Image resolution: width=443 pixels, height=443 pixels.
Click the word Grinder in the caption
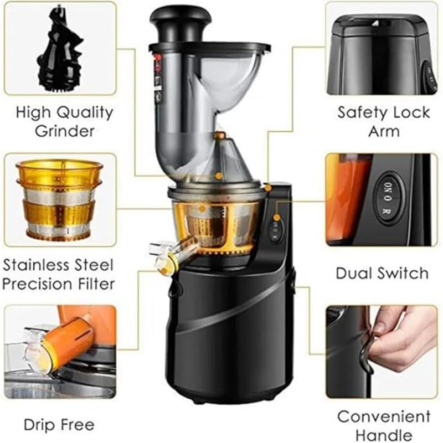point(65,131)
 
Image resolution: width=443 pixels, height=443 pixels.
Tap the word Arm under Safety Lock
point(384,131)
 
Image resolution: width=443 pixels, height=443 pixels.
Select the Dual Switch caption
point(383,273)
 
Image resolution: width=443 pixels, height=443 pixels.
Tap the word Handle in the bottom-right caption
point(384,435)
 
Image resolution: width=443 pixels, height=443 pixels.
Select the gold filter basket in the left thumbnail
point(59,199)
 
